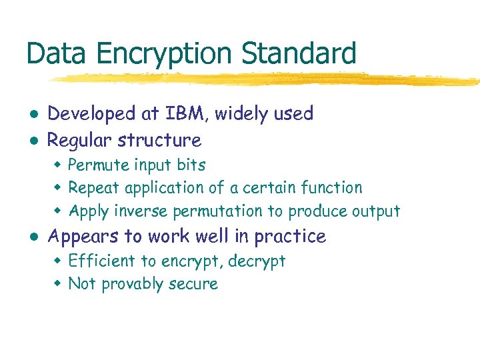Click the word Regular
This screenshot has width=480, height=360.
pyautogui.click(x=80, y=141)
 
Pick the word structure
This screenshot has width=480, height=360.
pyautogui.click(x=159, y=141)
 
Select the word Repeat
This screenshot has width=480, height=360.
pyautogui.click(x=93, y=188)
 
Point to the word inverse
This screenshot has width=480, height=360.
pyautogui.click(x=141, y=211)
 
